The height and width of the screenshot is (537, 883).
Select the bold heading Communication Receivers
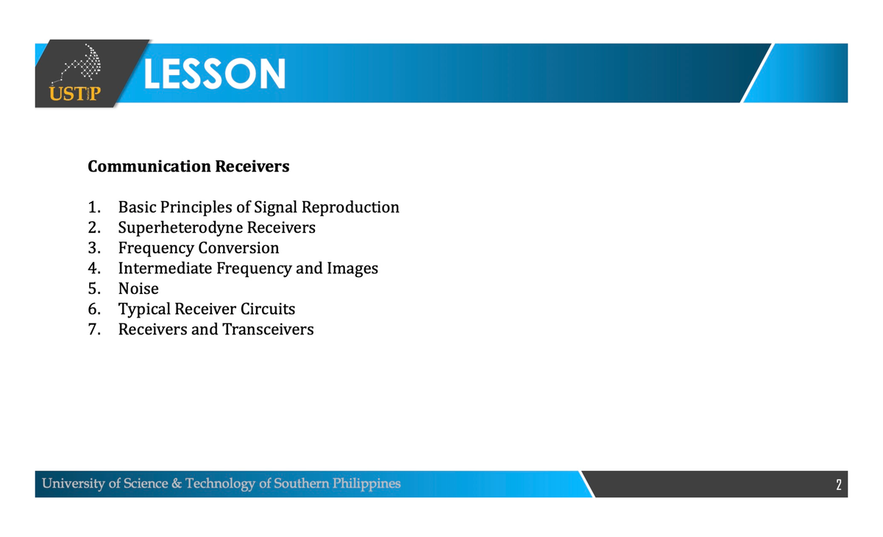tap(188, 166)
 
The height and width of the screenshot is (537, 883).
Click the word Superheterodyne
tap(180, 228)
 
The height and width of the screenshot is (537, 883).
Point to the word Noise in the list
tap(138, 289)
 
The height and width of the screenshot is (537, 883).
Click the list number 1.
tap(93, 208)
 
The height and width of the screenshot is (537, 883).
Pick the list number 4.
tap(93, 269)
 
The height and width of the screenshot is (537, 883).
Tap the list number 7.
tap(93, 329)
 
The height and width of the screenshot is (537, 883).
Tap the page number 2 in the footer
tap(838, 485)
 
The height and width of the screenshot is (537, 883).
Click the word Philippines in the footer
tap(366, 484)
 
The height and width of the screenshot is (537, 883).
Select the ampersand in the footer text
tap(176, 484)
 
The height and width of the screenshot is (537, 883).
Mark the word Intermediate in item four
tap(166, 269)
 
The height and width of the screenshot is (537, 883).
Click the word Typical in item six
tap(144, 309)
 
